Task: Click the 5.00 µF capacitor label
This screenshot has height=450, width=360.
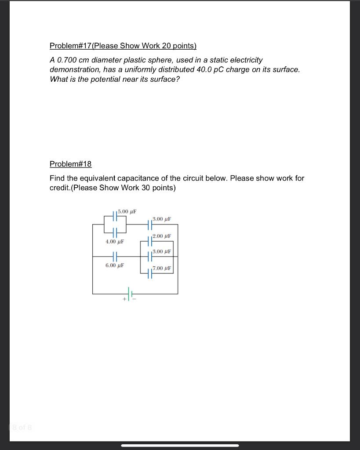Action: point(127,211)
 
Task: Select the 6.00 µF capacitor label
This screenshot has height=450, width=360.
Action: point(115,265)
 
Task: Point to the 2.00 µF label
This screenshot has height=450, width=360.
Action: point(161,236)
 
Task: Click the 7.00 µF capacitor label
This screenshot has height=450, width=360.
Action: point(161,268)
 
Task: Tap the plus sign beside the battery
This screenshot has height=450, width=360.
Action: point(124,299)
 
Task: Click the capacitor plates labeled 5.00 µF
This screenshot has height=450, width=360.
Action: point(115,216)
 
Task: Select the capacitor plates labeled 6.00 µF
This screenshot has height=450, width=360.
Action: point(115,256)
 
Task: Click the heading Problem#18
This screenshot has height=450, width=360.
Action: point(70,164)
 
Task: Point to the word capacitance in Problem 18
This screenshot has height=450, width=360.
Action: point(143,178)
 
